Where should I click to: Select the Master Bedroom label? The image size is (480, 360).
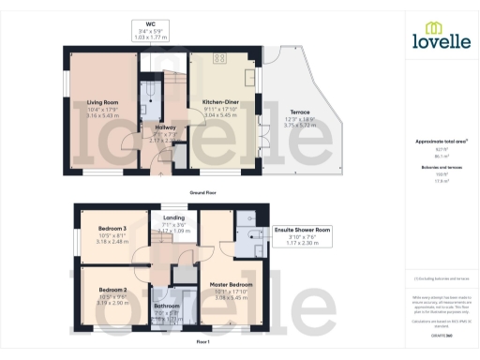pos(230,284)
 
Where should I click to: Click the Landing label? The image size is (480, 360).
pos(174,218)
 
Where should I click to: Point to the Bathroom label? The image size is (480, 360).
pos(167,306)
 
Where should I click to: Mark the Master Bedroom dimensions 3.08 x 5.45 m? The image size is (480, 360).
pos(230,297)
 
